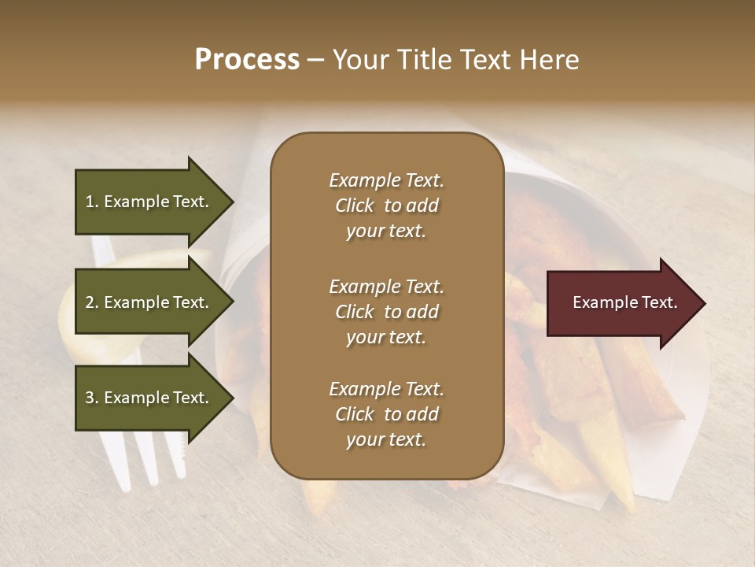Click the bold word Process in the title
[x=247, y=60]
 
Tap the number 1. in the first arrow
[x=91, y=202]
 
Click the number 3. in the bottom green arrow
[x=91, y=398]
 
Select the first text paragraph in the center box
[x=386, y=206]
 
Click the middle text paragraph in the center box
[x=386, y=312]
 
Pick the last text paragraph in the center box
[x=386, y=414]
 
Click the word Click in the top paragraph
[x=355, y=206]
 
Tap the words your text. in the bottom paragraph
[x=386, y=439]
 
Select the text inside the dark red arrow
[x=625, y=303]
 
